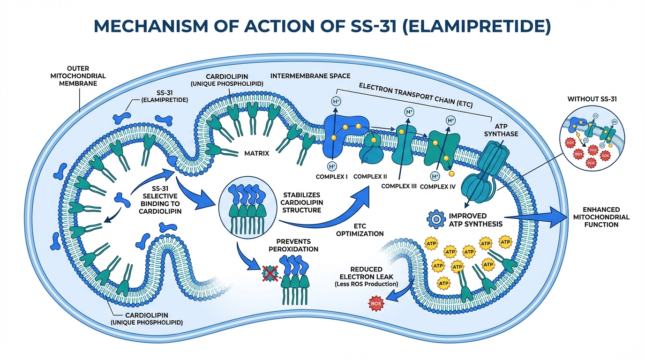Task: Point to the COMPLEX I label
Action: [x=331, y=177]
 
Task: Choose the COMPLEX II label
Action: [x=370, y=177]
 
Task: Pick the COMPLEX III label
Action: [x=399, y=186]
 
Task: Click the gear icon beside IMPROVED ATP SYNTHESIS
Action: [x=436, y=219]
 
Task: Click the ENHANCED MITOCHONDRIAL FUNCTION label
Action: [x=601, y=217]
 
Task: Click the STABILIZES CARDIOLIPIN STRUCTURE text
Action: [x=301, y=202]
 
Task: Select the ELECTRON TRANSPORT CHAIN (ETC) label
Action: [x=415, y=96]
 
